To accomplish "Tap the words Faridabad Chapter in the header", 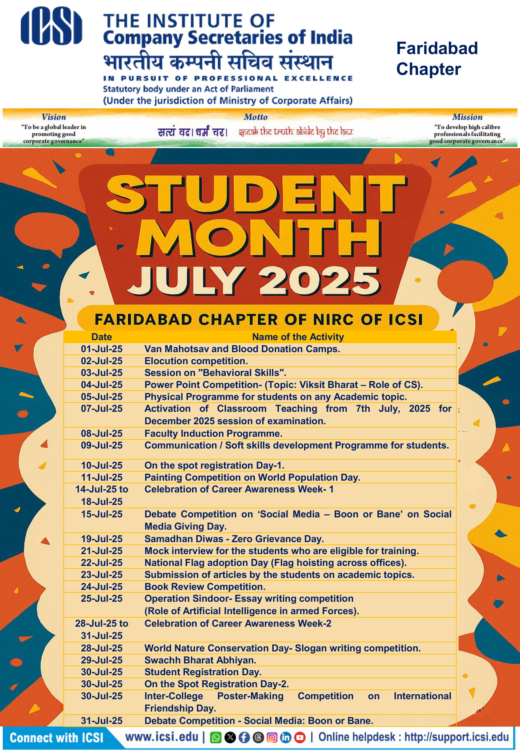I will point(437,59).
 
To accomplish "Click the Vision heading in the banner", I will point(54,117).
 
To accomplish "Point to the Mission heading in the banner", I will point(467,117).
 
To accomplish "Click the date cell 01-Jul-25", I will point(102,349).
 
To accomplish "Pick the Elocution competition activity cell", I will point(196,361).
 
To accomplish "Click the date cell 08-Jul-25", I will point(102,434).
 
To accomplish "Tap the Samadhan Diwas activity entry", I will point(234,539).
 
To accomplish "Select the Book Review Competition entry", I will point(205,586).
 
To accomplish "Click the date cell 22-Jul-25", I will point(102,563).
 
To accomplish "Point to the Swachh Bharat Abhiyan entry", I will point(200,660).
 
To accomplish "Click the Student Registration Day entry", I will point(203,672).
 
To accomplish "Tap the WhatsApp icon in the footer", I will point(215,738).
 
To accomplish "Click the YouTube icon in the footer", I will point(300,738).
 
